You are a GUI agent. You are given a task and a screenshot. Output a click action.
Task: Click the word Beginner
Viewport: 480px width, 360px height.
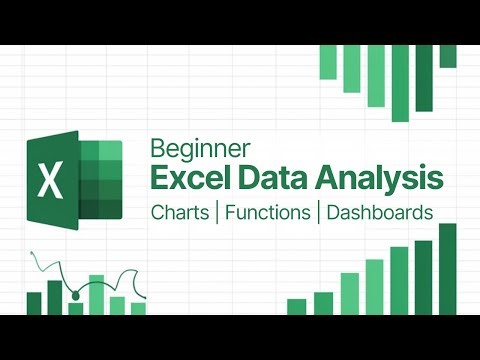click(191, 148)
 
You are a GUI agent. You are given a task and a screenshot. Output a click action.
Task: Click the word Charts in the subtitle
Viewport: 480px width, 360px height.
click(182, 213)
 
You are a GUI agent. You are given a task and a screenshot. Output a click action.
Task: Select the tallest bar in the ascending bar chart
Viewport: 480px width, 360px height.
click(447, 268)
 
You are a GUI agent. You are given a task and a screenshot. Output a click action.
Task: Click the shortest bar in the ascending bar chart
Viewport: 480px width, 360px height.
click(296, 306)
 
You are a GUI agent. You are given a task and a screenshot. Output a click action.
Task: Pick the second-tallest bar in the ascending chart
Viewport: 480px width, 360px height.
click(423, 276)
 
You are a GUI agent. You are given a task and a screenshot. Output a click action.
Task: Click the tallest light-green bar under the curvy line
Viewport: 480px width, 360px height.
click(97, 294)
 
